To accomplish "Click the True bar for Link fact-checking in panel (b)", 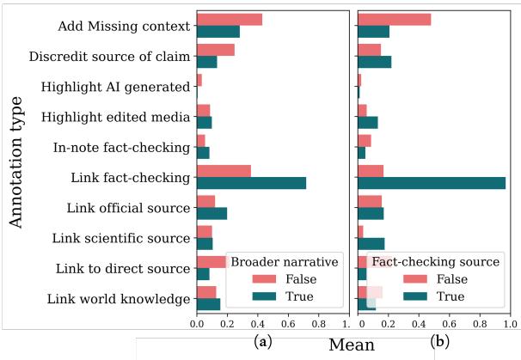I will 431,183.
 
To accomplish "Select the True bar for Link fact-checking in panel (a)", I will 250,183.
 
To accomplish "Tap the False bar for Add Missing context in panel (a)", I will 229,19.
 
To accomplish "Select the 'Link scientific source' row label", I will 120,238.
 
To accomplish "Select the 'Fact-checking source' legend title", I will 435,261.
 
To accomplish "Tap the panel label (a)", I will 261,341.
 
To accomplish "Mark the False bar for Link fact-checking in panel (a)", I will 224,170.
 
